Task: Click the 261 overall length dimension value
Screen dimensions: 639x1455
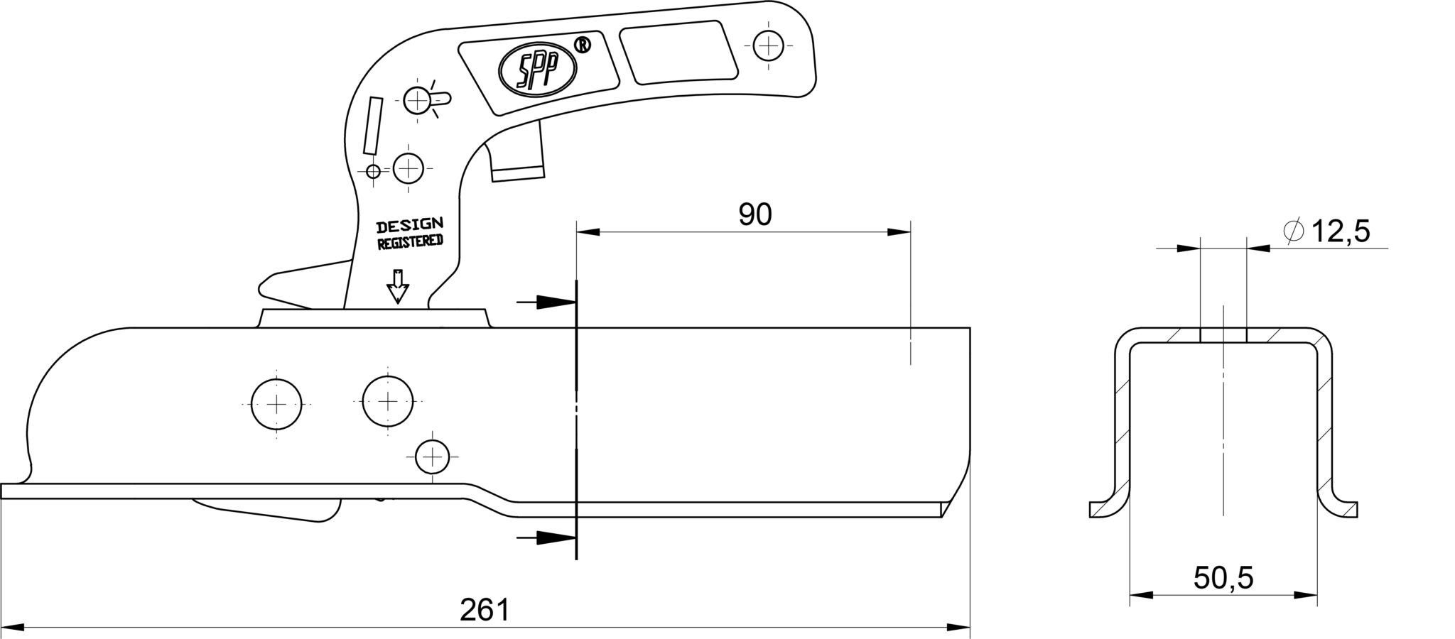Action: tap(485, 610)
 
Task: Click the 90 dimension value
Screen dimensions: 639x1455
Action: tap(754, 214)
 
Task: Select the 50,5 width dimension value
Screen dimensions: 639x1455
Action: tap(1223, 578)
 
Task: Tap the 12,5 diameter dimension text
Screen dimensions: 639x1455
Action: tap(1340, 231)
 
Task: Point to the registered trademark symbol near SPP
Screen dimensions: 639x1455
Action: tap(582, 46)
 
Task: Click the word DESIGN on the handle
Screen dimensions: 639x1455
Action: tap(410, 226)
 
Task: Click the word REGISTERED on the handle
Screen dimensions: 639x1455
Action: tap(410, 242)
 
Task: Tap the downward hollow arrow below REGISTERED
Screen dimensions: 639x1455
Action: tap(397, 287)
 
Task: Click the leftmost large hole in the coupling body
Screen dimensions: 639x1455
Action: tap(276, 404)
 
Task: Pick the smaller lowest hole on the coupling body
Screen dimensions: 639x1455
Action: tap(432, 457)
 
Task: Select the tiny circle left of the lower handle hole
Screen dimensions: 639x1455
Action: tap(372, 170)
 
